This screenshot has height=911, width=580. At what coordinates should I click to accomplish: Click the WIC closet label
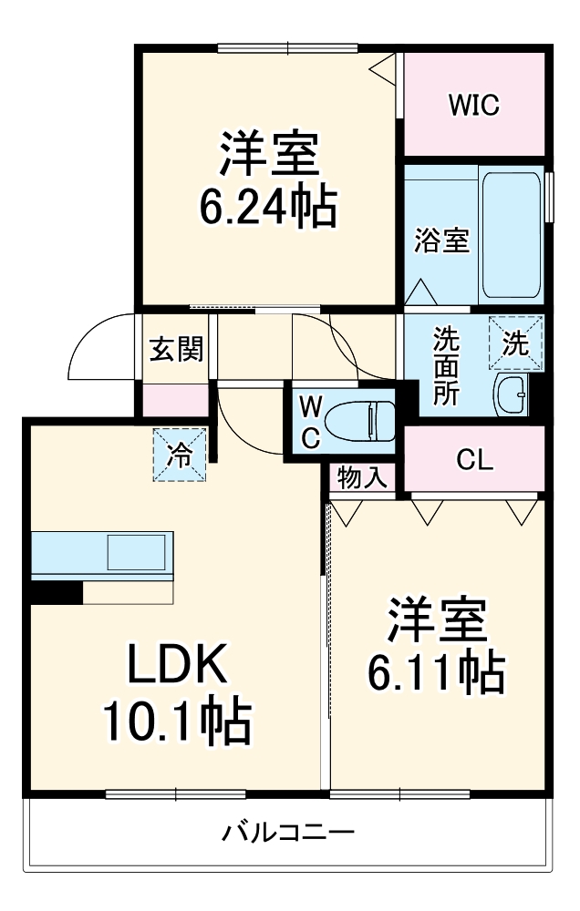coord(472,106)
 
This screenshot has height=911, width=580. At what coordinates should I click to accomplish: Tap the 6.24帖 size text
coord(268,208)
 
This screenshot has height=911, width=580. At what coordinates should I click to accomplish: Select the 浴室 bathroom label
coord(441,241)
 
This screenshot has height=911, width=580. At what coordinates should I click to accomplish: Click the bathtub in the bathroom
coord(512,236)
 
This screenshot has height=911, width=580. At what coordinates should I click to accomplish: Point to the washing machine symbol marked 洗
coord(515,343)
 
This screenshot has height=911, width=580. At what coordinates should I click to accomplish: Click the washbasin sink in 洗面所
coord(511,394)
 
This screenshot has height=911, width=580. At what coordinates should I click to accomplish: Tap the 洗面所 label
coord(446,364)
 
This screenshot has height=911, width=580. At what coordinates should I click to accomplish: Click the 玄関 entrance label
coord(176,349)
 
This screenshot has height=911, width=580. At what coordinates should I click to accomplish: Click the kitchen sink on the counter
coord(136,553)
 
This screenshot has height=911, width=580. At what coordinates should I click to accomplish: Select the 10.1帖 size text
coord(176,722)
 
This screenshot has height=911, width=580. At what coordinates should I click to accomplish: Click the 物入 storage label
coord(363,476)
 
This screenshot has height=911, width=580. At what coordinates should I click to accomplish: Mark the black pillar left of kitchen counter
coord(54,591)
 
